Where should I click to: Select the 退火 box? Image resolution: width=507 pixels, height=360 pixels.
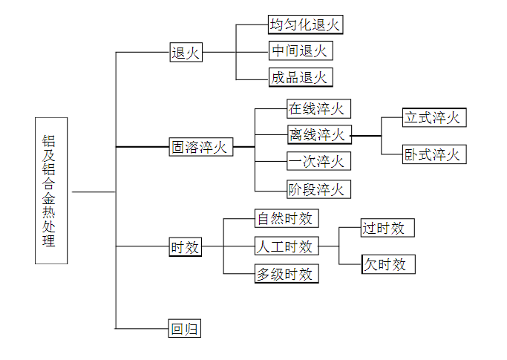point(186,53)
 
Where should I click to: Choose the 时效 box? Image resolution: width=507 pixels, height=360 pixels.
point(186,247)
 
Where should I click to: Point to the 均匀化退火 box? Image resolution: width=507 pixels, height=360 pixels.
point(306,24)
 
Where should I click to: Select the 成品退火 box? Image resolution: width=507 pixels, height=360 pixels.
point(300,77)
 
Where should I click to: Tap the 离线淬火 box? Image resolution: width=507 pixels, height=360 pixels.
point(318,134)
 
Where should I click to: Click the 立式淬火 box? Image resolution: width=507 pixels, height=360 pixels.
point(434,117)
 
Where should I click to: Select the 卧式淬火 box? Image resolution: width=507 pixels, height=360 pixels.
point(434,154)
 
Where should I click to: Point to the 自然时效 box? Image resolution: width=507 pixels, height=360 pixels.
point(287,219)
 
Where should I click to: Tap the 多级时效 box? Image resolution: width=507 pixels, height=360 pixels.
point(287,274)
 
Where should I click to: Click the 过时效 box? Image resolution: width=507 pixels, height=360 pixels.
point(386,228)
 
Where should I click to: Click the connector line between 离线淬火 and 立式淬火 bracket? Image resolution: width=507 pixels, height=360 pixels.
point(366,136)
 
